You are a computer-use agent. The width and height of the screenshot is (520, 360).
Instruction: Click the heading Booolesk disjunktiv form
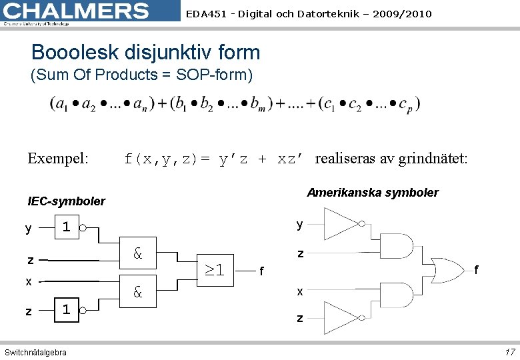tap(145, 52)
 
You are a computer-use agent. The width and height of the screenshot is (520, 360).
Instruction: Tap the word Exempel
tap(57, 159)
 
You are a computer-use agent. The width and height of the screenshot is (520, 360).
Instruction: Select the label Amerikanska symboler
tap(373, 193)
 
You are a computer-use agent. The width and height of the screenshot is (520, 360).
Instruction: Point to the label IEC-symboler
tap(67, 201)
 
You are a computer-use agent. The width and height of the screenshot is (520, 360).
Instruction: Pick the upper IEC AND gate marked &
tap(138, 253)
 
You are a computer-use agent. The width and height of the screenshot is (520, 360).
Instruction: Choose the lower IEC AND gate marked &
tap(138, 291)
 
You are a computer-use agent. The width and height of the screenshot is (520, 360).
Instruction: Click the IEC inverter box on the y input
tap(66, 228)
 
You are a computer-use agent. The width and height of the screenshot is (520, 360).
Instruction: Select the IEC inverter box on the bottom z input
tap(66, 309)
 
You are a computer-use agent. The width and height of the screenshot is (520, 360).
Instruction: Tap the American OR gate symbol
tap(445, 270)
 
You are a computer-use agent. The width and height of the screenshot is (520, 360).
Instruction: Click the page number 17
tap(509, 351)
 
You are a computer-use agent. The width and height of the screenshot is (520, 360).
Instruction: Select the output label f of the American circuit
tap(477, 269)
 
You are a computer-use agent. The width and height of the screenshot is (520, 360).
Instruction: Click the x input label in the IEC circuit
tap(29, 281)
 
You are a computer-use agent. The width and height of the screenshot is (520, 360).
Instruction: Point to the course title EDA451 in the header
tap(309, 13)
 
